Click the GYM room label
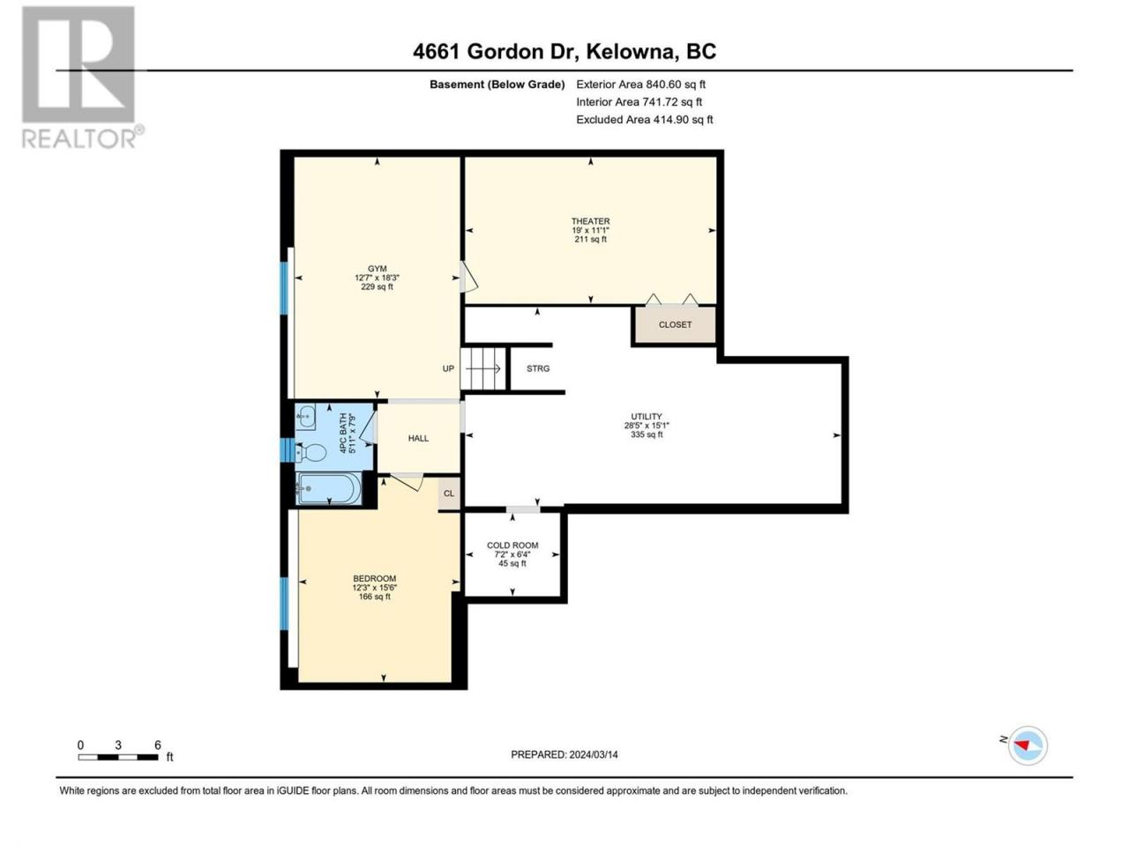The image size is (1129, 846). tap(377, 269)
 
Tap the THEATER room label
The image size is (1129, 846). tap(590, 221)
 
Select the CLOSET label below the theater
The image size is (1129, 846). tap(675, 324)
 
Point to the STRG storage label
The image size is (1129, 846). tap(538, 368)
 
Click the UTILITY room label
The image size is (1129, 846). tap(647, 417)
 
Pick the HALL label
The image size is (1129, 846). tap(418, 438)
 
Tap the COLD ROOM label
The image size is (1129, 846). tap(512, 545)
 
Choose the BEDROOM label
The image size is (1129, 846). tap(375, 578)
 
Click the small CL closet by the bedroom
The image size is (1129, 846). tap(449, 493)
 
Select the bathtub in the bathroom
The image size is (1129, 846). tap(329, 488)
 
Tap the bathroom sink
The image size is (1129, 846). tap(307, 417)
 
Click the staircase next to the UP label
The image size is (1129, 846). tap(482, 369)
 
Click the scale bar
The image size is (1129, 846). tap(118, 757)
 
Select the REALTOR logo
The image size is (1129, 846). tap(82, 78)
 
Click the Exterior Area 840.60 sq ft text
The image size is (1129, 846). tap(641, 85)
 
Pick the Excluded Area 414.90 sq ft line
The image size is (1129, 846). tap(645, 119)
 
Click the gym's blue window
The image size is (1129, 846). tap(283, 288)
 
